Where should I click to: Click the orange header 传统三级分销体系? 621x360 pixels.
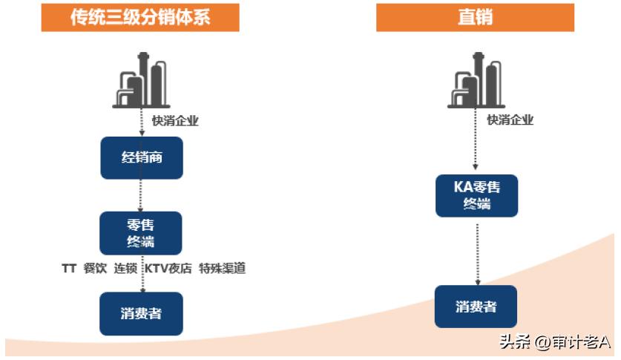coord(140,16)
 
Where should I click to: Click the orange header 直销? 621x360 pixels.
coord(475,16)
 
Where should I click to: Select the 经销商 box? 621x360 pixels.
coord(141,157)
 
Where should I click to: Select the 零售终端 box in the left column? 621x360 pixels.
coord(141,232)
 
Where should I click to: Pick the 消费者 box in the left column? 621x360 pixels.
coord(141,313)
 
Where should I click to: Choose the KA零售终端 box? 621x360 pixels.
coord(476,195)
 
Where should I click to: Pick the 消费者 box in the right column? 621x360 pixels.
coord(476,306)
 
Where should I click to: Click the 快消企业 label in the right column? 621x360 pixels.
coord(510,120)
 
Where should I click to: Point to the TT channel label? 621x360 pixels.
coord(70,269)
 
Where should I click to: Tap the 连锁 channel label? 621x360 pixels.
coord(125,269)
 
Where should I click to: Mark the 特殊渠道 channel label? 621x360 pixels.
coord(223,269)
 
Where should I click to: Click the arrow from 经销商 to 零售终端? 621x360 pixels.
coord(141,195)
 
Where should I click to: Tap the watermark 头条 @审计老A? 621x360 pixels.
coord(554,342)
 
